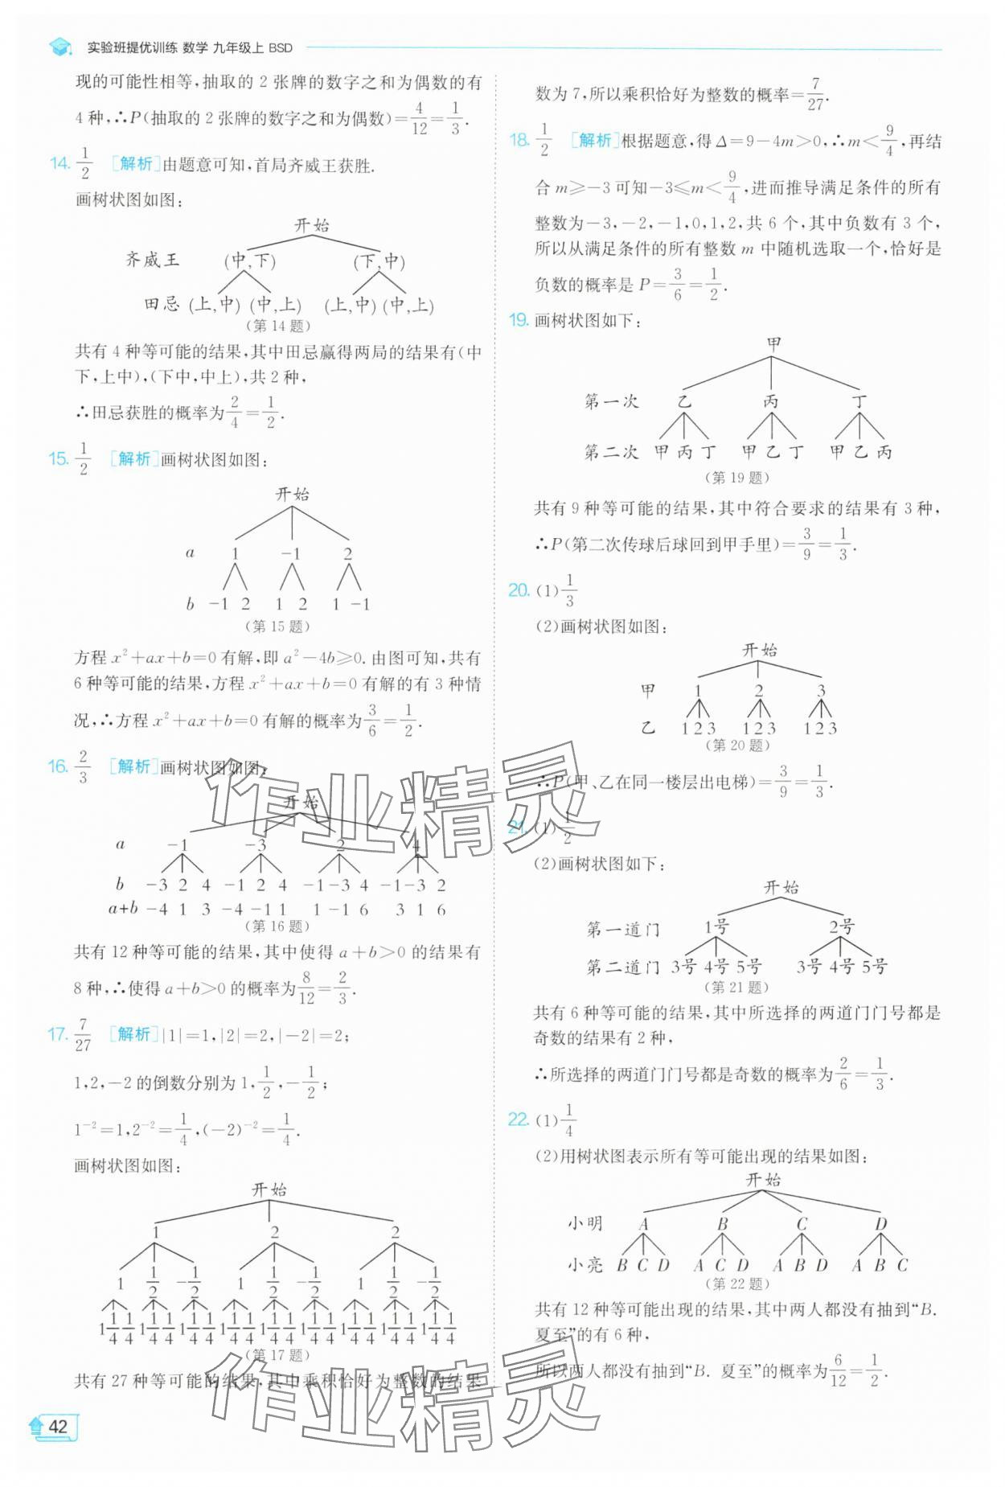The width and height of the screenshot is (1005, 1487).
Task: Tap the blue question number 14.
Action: pyautogui.click(x=59, y=164)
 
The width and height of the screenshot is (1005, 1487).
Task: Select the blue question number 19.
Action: pyautogui.click(x=518, y=320)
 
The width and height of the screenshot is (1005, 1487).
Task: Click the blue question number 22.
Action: pyautogui.click(x=518, y=1119)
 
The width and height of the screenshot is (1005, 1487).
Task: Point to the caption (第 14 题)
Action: pyautogui.click(x=277, y=326)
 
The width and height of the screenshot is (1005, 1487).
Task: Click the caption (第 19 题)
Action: pyautogui.click(x=736, y=477)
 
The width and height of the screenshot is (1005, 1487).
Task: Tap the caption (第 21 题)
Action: pyautogui.click(x=736, y=987)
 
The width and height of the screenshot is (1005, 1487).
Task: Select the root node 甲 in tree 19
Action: pyautogui.click(x=773, y=343)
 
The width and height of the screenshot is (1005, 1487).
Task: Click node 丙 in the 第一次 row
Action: pyautogui.click(x=771, y=401)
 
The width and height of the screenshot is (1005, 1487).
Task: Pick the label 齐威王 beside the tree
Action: pyautogui.click(x=153, y=260)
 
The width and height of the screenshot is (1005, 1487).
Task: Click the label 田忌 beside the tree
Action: pyautogui.click(x=162, y=304)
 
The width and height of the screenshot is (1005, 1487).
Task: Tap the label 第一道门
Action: pyautogui.click(x=622, y=930)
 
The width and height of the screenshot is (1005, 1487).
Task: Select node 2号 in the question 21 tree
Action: pyautogui.click(x=842, y=926)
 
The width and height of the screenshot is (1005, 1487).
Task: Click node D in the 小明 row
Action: pyautogui.click(x=881, y=1223)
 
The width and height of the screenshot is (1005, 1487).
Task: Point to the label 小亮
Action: pyautogui.click(x=585, y=1265)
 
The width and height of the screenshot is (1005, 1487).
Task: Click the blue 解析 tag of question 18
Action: pyautogui.click(x=594, y=141)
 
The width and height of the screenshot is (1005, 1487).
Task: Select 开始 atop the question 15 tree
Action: pyautogui.click(x=292, y=494)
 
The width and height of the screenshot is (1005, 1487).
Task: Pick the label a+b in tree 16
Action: pyautogui.click(x=123, y=909)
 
